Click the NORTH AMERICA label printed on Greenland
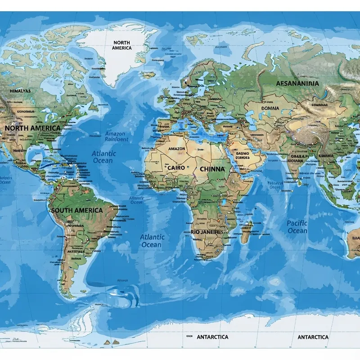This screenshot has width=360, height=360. coord(121,45)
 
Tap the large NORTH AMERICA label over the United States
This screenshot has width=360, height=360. coord(32,128)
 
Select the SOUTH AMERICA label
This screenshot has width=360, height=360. coord(76,210)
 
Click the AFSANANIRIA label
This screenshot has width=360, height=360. coord(297,83)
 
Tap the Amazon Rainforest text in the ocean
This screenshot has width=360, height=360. coord(116,136)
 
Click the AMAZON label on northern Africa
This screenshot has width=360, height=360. coord(176,148)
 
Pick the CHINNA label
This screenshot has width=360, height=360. coord(211,169)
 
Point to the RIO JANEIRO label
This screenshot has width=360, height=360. coord(207,231)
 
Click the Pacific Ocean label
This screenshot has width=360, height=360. coord(297,227)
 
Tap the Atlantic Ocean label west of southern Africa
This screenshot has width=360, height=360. coord(152,241)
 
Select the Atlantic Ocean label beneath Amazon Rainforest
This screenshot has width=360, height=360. coord(103,157)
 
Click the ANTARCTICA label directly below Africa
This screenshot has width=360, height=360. coord(212,337)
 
